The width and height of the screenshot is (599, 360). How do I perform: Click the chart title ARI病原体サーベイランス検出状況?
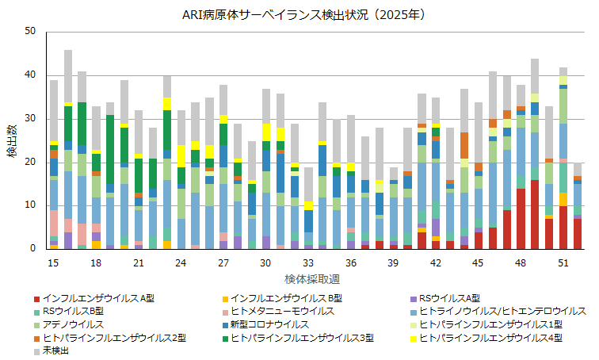pos(299,14)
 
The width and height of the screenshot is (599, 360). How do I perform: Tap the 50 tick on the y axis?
pos(30,31)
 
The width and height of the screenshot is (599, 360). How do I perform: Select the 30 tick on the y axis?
pos(30,118)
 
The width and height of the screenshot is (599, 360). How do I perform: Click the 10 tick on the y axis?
pos(30,205)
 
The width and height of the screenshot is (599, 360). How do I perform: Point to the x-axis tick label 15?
pos(54,262)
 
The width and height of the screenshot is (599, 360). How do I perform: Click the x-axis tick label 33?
pos(308,262)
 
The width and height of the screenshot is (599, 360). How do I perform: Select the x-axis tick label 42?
pos(435,262)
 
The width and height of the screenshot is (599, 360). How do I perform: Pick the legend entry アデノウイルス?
pos(76,324)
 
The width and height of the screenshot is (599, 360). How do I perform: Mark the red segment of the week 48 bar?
pos(521,219)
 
